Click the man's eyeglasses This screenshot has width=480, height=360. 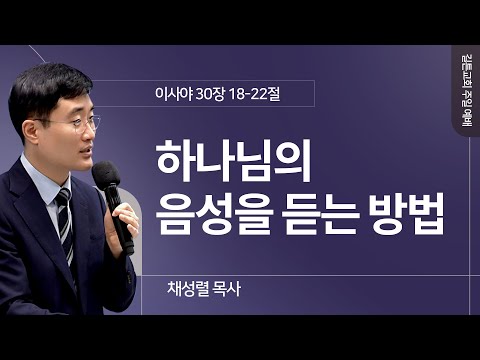tap(78, 124)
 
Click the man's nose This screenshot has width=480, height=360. tap(88, 136)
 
